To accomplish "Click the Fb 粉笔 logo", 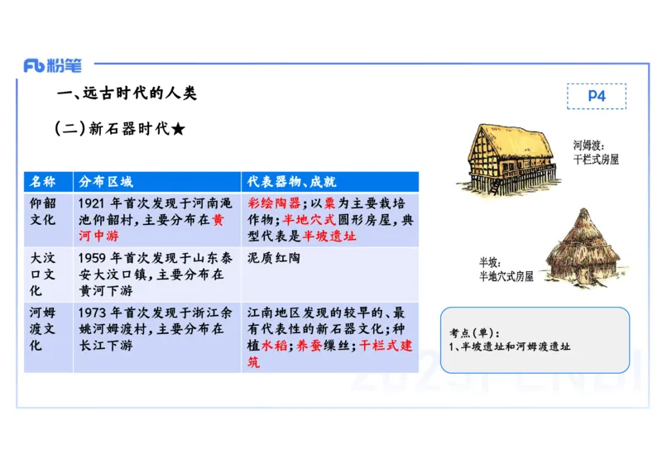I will (x=53, y=66).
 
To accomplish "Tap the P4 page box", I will (x=597, y=96).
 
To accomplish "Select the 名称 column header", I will (x=43, y=182).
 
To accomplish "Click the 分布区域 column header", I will (x=105, y=182).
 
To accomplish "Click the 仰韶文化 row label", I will (x=43, y=212).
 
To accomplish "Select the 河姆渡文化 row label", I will (x=43, y=329).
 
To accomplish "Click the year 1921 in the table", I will (x=93, y=203).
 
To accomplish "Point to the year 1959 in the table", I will (x=93, y=258).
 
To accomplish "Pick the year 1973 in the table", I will (x=93, y=313).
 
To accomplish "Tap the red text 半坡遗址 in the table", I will (x=329, y=236).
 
